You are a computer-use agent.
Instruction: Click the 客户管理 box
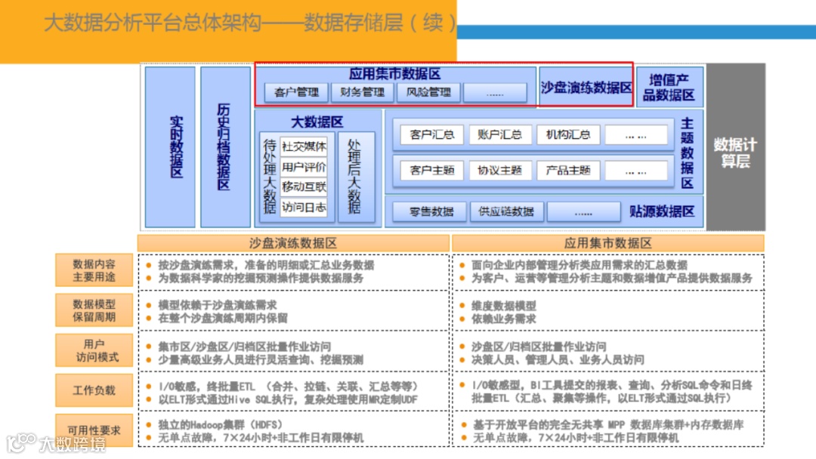[x=297, y=93]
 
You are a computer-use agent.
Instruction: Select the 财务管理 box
[x=363, y=93]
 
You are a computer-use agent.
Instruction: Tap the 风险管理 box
[x=428, y=93]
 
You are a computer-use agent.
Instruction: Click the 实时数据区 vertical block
[x=171, y=146]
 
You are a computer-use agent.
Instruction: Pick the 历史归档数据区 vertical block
[x=225, y=146]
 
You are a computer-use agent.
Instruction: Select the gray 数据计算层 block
[x=735, y=146]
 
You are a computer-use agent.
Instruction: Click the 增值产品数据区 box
[x=669, y=87]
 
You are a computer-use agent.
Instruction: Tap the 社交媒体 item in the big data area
[x=304, y=146]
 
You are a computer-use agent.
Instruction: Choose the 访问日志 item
[x=304, y=207]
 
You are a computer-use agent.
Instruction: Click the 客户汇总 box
[x=432, y=135]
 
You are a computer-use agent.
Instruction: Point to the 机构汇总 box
[x=568, y=135]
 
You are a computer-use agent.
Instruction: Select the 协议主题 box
[x=500, y=171]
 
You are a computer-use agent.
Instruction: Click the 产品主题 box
[x=568, y=171]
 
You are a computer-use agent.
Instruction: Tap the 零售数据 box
[x=432, y=212]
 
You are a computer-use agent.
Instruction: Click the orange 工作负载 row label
[x=94, y=390]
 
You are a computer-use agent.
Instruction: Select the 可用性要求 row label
[x=94, y=430]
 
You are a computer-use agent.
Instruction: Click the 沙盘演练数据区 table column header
[x=293, y=243]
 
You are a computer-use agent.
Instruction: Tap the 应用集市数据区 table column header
[x=608, y=243]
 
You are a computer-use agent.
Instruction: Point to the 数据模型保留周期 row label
[x=94, y=310]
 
